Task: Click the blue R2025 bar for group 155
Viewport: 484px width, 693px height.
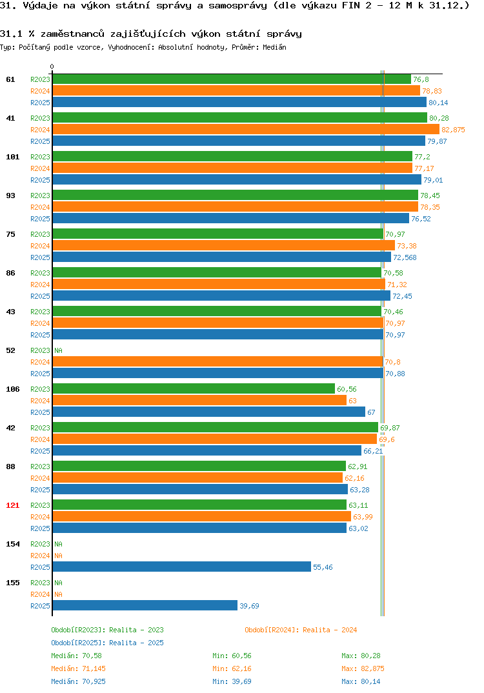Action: [145, 605]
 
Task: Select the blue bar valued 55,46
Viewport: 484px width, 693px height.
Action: [182, 567]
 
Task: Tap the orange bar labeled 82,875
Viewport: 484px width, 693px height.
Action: [246, 129]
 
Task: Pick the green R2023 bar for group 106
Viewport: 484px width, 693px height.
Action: [194, 388]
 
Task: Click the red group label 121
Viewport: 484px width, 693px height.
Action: [13, 505]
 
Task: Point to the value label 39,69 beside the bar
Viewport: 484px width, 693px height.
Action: [249, 606]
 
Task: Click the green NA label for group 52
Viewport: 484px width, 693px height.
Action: [58, 350]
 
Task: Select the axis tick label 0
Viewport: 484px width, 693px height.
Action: [52, 66]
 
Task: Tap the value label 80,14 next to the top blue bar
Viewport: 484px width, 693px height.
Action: [438, 103]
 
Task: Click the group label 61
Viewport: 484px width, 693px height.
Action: [10, 79]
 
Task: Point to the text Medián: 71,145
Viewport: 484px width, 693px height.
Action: [78, 668]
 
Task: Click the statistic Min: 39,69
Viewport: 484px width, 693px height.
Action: [232, 681]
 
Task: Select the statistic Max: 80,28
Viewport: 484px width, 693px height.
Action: [361, 656]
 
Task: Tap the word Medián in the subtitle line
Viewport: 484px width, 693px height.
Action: [274, 47]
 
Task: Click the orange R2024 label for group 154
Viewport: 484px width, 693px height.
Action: [40, 556]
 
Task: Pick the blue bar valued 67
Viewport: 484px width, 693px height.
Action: [209, 412]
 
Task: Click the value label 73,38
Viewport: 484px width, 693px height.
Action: [407, 246]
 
